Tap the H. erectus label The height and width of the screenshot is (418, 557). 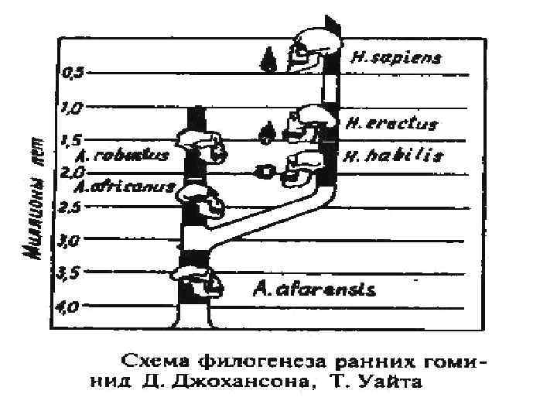(391, 124)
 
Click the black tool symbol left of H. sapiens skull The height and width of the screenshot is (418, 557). (268, 57)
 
